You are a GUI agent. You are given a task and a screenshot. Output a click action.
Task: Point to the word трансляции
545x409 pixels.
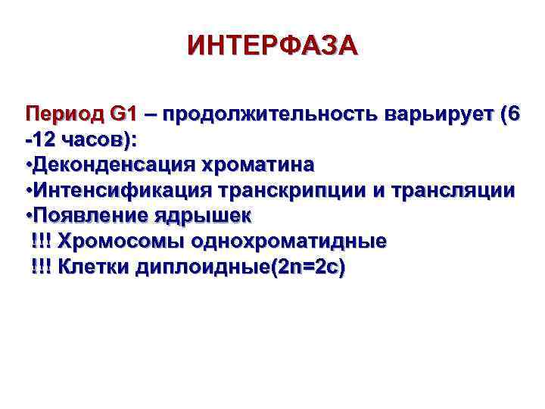[x=451, y=191]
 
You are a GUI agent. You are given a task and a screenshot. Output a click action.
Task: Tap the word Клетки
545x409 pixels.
[x=94, y=267]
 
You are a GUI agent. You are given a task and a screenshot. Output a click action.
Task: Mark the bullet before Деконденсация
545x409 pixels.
[x=28, y=165]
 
